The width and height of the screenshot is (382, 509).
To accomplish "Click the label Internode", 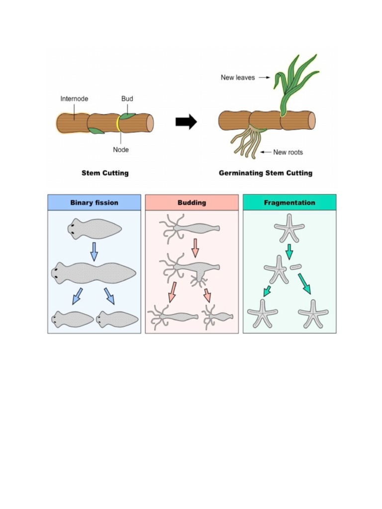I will point(74,99).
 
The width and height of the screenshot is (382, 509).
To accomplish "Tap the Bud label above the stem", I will point(127,99).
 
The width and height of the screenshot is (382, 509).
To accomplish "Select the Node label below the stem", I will point(120,149).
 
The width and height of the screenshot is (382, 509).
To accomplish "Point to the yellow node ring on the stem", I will point(118,123).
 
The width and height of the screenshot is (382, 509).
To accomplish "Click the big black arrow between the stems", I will point(186,122).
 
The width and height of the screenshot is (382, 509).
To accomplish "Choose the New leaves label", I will point(238,78).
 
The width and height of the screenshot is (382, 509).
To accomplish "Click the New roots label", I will point(288,152).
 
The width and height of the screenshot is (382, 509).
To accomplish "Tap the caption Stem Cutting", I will point(105,173).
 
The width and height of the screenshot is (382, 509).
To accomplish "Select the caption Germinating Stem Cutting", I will point(266,173).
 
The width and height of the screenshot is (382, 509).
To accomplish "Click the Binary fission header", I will point(94,203).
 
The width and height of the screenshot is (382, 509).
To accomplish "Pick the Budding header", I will point(191,203).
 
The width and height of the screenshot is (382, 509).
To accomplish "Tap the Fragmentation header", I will point(289,203).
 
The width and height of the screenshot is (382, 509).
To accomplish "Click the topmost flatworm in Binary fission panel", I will point(94,229).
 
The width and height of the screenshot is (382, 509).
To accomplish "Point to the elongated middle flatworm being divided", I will point(94,273).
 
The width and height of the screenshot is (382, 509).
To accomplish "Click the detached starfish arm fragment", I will point(296,267).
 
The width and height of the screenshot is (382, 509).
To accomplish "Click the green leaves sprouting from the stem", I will point(293,82).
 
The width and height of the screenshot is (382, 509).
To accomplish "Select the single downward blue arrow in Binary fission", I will point(94,252).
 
